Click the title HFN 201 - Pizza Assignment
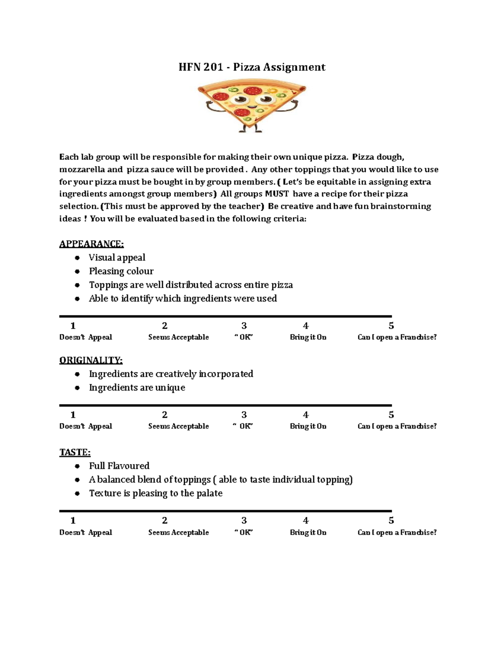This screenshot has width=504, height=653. tap(252, 67)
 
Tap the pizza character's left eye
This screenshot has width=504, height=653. tap(241, 99)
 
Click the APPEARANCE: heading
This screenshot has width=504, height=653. tap(91, 244)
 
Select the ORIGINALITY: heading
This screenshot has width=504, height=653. tap(91, 360)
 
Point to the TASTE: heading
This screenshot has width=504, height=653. tap(75, 452)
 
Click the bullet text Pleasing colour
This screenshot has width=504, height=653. tap(121, 271)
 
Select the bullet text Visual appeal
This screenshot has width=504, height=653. tap(117, 258)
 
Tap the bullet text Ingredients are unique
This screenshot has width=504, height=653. tap(137, 388)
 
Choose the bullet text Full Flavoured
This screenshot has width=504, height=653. tap(119, 466)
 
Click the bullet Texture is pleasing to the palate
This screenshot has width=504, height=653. tap(155, 493)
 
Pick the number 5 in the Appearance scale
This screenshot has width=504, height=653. tap(391, 326)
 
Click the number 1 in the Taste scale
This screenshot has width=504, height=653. tap(73, 521)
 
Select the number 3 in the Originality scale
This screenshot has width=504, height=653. tap(244, 415)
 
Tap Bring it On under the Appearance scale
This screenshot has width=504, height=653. tap(308, 337)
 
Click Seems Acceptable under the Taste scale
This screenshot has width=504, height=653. tap(178, 532)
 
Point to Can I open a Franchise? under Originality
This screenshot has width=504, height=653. tap(397, 426)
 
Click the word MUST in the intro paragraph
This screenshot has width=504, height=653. tap(276, 194)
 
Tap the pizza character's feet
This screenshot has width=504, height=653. tap(251, 130)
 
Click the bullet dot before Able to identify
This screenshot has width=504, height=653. tap(77, 299)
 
